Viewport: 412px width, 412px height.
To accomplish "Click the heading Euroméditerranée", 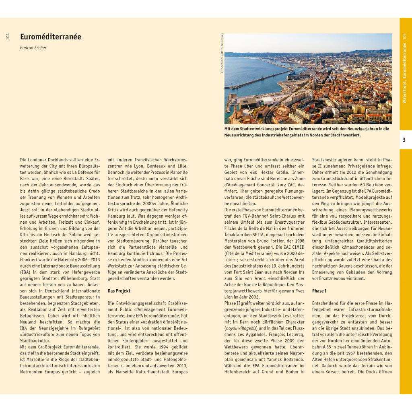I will (51, 37).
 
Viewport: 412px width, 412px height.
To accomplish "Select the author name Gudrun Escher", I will (33, 47).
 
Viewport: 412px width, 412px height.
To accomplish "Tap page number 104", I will (8, 37).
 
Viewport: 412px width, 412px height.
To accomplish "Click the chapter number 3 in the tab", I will (404, 140).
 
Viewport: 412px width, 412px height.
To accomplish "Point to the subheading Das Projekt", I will (119, 291).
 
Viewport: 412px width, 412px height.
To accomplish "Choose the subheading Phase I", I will (319, 291).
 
